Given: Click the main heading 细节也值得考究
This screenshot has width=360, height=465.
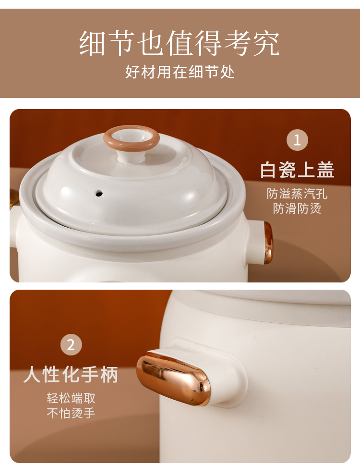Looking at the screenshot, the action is pyautogui.click(x=179, y=43).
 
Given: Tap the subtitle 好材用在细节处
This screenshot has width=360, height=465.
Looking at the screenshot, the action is pyautogui.click(x=180, y=72).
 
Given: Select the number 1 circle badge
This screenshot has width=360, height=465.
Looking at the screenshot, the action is pyautogui.click(x=297, y=140).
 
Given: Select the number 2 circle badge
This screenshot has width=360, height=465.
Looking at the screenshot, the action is pyautogui.click(x=71, y=344).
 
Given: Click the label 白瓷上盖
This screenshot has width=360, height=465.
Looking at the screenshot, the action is pyautogui.click(x=297, y=170).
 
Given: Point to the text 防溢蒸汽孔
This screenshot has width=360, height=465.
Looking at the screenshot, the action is pyautogui.click(x=297, y=194).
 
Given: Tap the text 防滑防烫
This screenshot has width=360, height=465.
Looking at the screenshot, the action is pyautogui.click(x=297, y=208).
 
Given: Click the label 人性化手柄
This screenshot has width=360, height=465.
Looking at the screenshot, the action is pyautogui.click(x=71, y=374).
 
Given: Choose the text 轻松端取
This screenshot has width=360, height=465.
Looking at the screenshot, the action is pyautogui.click(x=71, y=398).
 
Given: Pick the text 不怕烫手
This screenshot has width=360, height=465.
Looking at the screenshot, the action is pyautogui.click(x=71, y=413).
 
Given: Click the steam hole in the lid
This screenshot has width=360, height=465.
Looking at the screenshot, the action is pyautogui.click(x=99, y=194).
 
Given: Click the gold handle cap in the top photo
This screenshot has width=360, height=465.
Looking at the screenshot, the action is pyautogui.click(x=268, y=242).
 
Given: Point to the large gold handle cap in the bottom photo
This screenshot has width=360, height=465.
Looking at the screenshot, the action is pyautogui.click(x=173, y=378).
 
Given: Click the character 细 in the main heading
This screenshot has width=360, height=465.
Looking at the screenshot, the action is pyautogui.click(x=92, y=43).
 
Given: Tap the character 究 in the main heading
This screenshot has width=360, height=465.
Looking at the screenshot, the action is pyautogui.click(x=266, y=43).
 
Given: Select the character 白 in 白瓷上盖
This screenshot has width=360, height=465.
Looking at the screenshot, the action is pyautogui.click(x=269, y=170).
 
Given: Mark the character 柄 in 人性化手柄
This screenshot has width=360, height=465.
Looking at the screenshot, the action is pyautogui.click(x=109, y=374).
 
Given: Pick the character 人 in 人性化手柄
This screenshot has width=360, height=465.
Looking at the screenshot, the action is pyautogui.click(x=33, y=374).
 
